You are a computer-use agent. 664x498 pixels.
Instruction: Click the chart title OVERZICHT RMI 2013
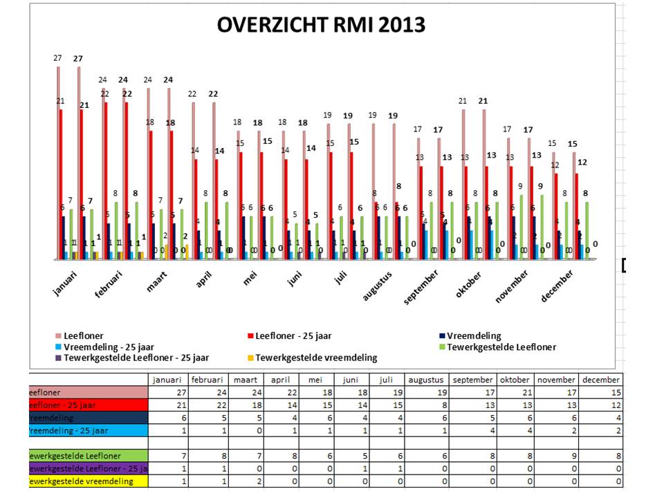click(321, 26)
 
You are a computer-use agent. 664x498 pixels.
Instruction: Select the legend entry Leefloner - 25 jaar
click(293, 335)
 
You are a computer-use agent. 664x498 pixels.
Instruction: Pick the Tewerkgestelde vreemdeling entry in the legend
click(316, 358)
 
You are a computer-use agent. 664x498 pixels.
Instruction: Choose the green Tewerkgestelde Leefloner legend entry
click(501, 347)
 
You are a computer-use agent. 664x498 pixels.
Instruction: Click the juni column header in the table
click(351, 380)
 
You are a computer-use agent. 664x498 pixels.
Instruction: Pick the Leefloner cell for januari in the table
click(169, 392)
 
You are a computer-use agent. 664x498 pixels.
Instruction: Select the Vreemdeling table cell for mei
click(315, 418)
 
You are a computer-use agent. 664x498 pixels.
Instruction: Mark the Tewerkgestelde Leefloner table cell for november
click(557, 456)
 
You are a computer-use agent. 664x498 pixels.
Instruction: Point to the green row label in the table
click(89, 456)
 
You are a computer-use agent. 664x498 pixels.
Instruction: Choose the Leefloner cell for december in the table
click(601, 392)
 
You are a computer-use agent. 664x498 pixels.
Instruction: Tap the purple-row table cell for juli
click(387, 468)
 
